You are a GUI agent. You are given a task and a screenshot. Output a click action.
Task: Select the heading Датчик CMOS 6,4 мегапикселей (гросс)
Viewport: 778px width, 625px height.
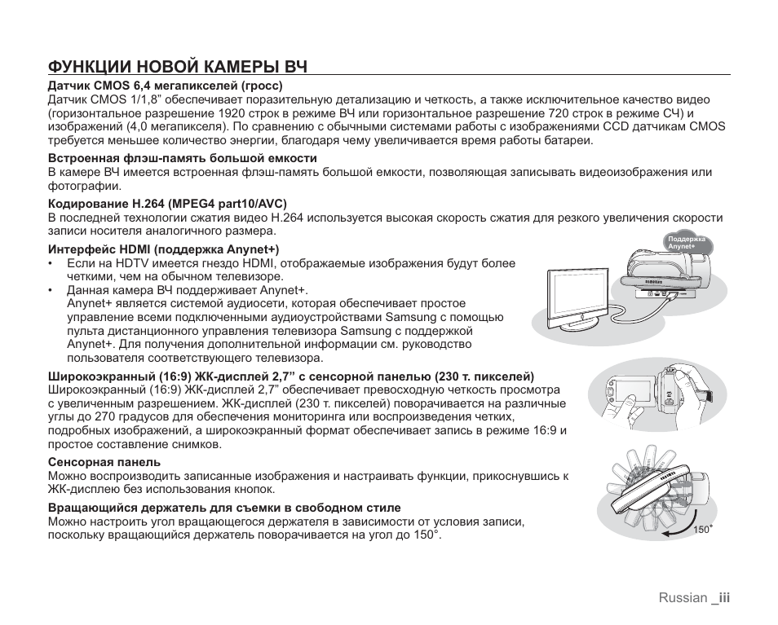point(165,85)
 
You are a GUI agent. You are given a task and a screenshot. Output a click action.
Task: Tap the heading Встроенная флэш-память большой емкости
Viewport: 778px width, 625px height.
point(183,158)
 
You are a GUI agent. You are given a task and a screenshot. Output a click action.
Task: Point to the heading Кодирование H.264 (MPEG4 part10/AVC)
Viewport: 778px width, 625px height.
point(167,203)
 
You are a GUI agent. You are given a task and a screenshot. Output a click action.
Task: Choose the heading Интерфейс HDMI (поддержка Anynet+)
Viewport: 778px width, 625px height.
point(164,249)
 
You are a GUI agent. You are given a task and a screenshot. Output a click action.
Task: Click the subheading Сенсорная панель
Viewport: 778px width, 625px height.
point(104,461)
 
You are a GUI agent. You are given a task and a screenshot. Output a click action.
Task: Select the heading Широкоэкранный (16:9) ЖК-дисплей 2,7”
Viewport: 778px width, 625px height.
point(291,376)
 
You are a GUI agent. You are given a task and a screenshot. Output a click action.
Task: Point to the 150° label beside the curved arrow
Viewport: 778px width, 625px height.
point(703,530)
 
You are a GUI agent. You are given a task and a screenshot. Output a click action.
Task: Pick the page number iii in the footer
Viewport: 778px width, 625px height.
point(724,597)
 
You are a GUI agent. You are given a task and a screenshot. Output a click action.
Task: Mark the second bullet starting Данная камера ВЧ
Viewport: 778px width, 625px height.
point(188,290)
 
